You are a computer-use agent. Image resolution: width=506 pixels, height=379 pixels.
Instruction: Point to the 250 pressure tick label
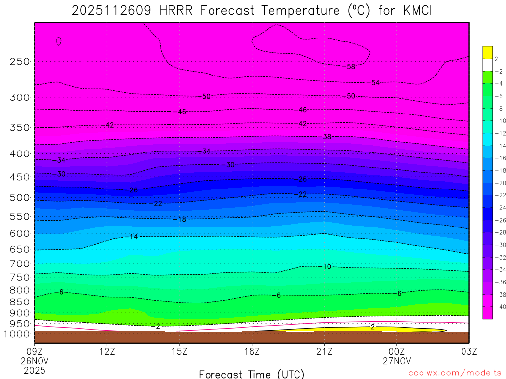(19, 62)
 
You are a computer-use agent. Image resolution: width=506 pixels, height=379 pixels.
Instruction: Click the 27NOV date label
(397, 360)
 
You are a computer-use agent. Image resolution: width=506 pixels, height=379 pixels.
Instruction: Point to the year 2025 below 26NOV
(34, 370)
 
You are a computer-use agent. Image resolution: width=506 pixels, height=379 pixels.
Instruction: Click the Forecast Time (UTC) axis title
(252, 374)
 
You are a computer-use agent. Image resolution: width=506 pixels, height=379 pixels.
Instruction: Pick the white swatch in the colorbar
(488, 65)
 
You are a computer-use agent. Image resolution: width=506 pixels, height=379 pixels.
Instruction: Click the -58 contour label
(350, 67)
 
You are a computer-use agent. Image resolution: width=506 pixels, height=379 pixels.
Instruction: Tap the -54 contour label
(374, 83)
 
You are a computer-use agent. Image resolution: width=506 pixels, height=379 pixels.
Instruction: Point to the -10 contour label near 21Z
(326, 266)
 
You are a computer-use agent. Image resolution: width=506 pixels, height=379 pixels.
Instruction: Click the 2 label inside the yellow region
(373, 327)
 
